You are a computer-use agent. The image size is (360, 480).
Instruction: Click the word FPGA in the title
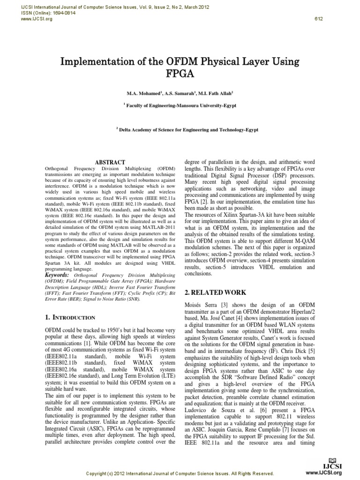tap(180, 74)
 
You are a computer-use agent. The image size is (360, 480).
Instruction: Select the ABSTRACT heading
tap(110, 162)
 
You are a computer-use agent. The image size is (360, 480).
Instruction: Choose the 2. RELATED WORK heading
tap(215, 292)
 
